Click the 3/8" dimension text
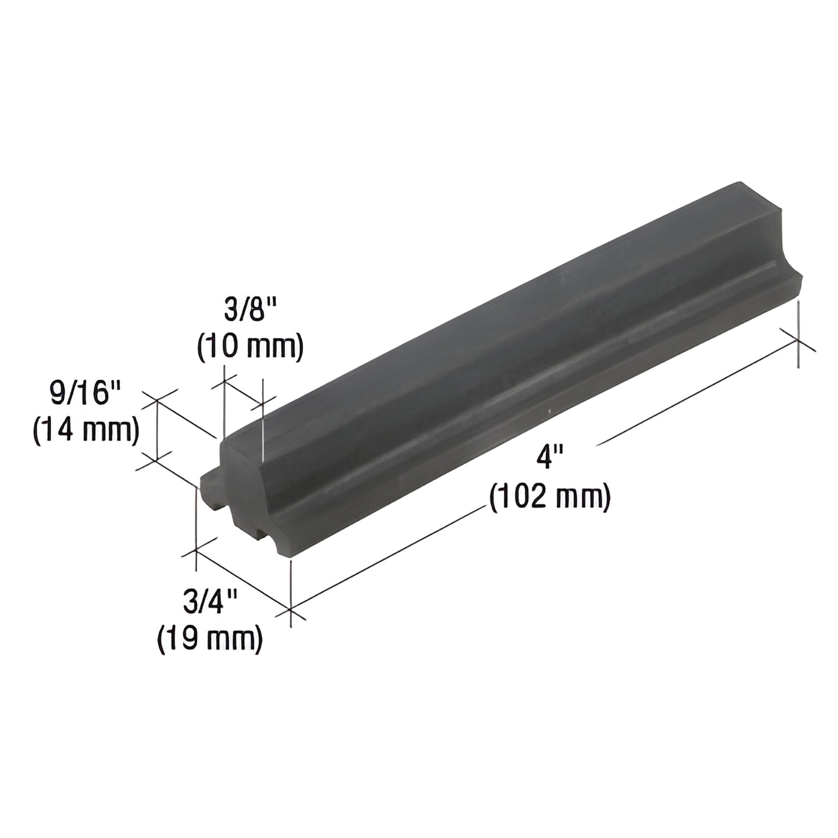point(250,312)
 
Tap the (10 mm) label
point(250,348)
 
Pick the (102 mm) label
point(550,497)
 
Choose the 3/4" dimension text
point(209,602)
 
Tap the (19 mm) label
point(209,639)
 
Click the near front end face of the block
point(243,481)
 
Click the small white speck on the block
point(549,410)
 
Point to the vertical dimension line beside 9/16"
point(157,429)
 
